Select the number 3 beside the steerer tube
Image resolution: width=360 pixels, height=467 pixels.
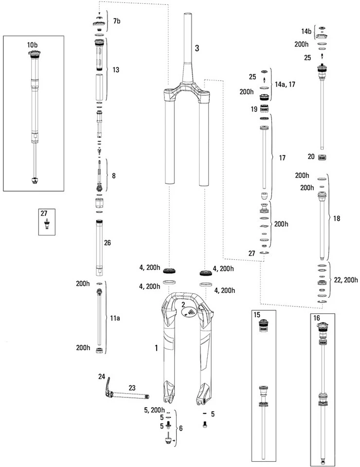pyautogui.click(x=197, y=48)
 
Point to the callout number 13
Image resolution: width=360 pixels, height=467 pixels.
pyautogui.click(x=116, y=70)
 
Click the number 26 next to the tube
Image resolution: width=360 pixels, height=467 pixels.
pyautogui.click(x=108, y=242)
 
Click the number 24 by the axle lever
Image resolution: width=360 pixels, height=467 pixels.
pyautogui.click(x=102, y=376)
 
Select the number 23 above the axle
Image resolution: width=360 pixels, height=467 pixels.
pyautogui.click(x=132, y=388)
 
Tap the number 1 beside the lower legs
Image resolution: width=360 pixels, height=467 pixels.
pyautogui.click(x=156, y=348)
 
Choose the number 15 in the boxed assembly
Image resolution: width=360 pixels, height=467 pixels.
pyautogui.click(x=258, y=316)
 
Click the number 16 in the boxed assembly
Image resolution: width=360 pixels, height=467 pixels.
pyautogui.click(x=317, y=317)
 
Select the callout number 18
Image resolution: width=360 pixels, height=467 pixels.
pyautogui.click(x=337, y=219)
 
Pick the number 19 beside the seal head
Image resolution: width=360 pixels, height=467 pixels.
pyautogui.click(x=253, y=109)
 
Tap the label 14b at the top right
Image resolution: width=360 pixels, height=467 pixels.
pyautogui.click(x=306, y=31)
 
